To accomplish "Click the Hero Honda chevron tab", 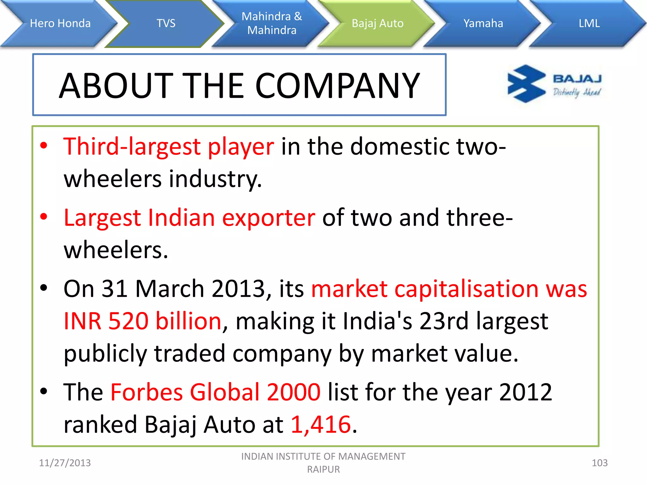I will pyautogui.click(x=60, y=23).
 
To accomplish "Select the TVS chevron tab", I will pyautogui.click(x=166, y=23).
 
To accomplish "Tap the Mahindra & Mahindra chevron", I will pyautogui.click(x=272, y=23).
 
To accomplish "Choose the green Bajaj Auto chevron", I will pyautogui.click(x=378, y=23).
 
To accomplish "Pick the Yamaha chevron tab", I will pyautogui.click(x=483, y=23).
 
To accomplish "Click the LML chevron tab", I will pyautogui.click(x=589, y=23).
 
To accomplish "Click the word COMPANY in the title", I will pyautogui.click(x=337, y=86).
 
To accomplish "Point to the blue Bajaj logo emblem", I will pyautogui.click(x=526, y=84).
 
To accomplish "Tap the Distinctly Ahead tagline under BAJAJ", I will pyautogui.click(x=577, y=92).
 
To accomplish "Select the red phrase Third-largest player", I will pyautogui.click(x=169, y=147).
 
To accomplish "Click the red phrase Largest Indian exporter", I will pyautogui.click(x=189, y=218).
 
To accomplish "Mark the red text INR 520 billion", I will pyautogui.click(x=142, y=321).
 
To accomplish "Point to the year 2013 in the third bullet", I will pyautogui.click(x=238, y=289).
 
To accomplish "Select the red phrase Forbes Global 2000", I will pyautogui.click(x=215, y=392).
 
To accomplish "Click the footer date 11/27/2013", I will pyautogui.click(x=65, y=463).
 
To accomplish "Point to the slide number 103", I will pyautogui.click(x=599, y=463).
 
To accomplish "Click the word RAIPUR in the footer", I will pyautogui.click(x=323, y=470).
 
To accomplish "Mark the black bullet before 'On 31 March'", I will pyautogui.click(x=44, y=288).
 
